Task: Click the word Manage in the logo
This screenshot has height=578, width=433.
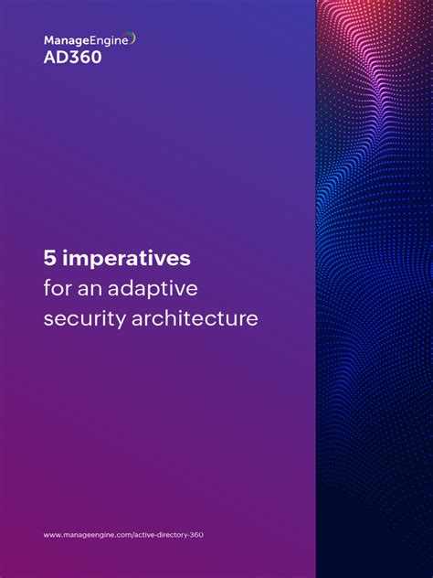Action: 64,40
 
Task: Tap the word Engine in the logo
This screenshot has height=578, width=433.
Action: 107,40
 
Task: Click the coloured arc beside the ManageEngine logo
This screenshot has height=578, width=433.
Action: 132,38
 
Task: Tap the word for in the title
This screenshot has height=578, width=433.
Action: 58,289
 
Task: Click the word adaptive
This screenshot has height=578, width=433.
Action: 153,290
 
